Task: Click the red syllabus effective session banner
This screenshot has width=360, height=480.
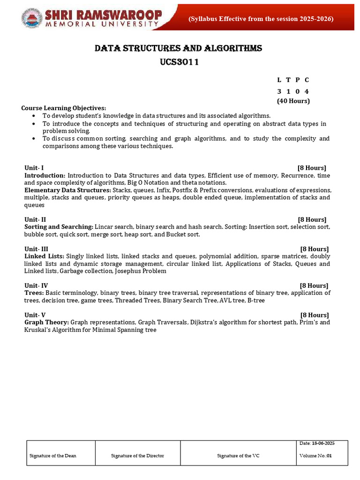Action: coord(261,19)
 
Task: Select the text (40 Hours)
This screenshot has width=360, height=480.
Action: coord(293,101)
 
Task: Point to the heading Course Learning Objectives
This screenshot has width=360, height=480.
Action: coord(64,108)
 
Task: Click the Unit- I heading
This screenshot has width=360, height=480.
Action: coord(34,168)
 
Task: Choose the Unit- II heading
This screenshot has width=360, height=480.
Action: coord(35,219)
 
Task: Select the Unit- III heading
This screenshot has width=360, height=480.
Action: coord(36,249)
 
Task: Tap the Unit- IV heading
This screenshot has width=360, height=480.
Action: coord(36,285)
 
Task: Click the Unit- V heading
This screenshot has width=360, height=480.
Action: coord(35,315)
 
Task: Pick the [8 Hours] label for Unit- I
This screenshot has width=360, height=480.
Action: coord(312,168)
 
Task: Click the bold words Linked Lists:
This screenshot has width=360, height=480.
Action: coord(45,256)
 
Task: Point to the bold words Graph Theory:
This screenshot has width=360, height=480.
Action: coord(46,322)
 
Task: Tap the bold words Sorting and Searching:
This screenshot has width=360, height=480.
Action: coord(59,227)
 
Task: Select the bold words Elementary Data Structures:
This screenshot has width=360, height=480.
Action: coord(67,190)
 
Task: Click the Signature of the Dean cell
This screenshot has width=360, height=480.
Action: coord(53,456)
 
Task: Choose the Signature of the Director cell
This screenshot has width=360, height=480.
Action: coord(137,456)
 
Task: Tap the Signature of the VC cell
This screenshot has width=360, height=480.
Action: coord(238,456)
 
